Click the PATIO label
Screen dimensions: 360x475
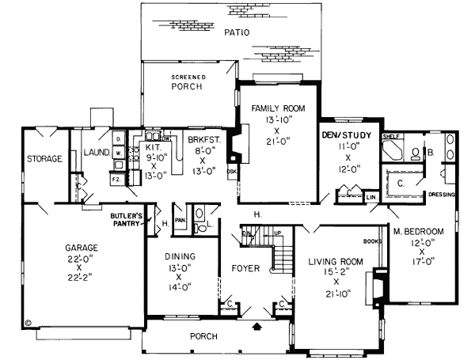click(x=236, y=33)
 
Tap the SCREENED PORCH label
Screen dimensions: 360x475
click(x=188, y=82)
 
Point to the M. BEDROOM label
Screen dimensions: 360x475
click(x=418, y=231)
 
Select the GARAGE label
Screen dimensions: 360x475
click(x=82, y=248)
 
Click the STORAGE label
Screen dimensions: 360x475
click(x=44, y=159)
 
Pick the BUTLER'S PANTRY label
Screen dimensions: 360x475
click(x=125, y=219)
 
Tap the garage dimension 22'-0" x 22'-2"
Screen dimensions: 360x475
click(x=82, y=267)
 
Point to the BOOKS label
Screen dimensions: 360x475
click(x=372, y=240)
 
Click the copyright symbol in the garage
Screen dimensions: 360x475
click(x=28, y=323)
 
